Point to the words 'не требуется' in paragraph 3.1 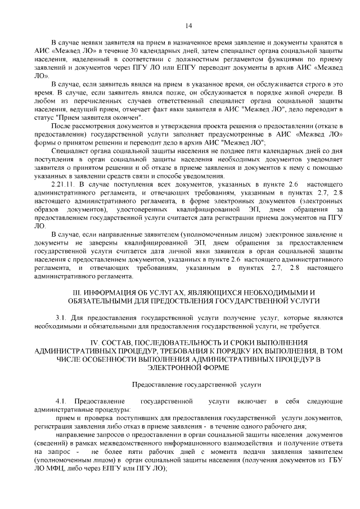300,326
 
